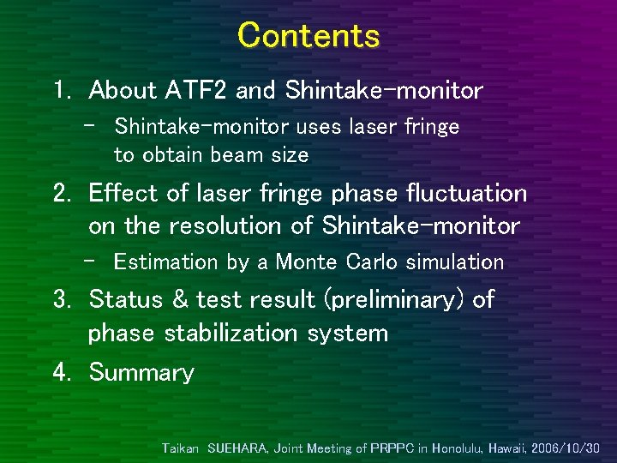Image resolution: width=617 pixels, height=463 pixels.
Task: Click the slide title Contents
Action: click(x=308, y=35)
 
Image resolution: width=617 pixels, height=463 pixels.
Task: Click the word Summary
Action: click(x=141, y=373)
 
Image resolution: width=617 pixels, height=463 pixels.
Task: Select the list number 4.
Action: click(x=61, y=373)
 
